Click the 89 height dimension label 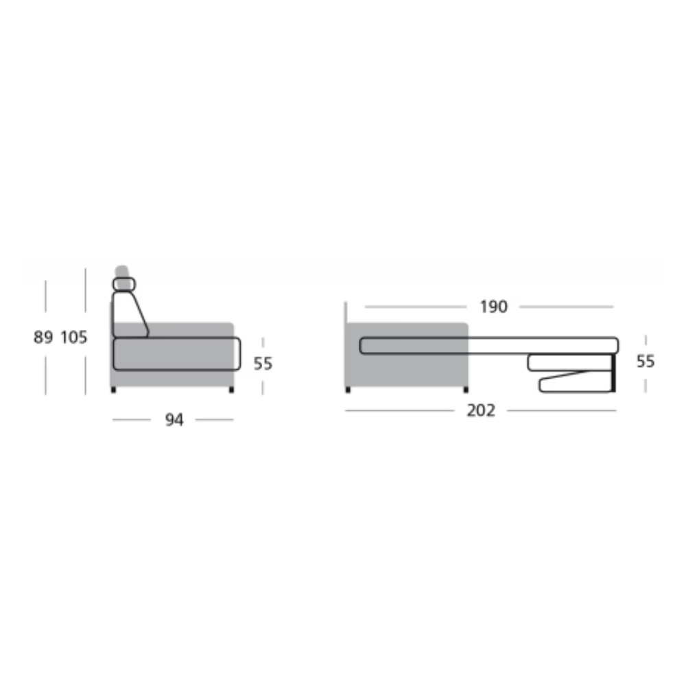pos(43,338)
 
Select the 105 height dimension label pos(74,338)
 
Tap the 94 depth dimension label pos(174,421)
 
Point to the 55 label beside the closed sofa pos(263,364)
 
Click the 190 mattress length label pos(493,307)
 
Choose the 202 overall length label pos(480,411)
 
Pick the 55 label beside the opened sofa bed pos(646,362)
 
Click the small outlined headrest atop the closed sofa pos(124,284)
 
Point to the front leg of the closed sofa pos(231,390)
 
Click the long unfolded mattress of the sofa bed pos(488,346)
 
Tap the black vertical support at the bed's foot pos(614,374)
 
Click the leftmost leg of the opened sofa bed pos(348,390)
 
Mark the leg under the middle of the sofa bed pos(466,390)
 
